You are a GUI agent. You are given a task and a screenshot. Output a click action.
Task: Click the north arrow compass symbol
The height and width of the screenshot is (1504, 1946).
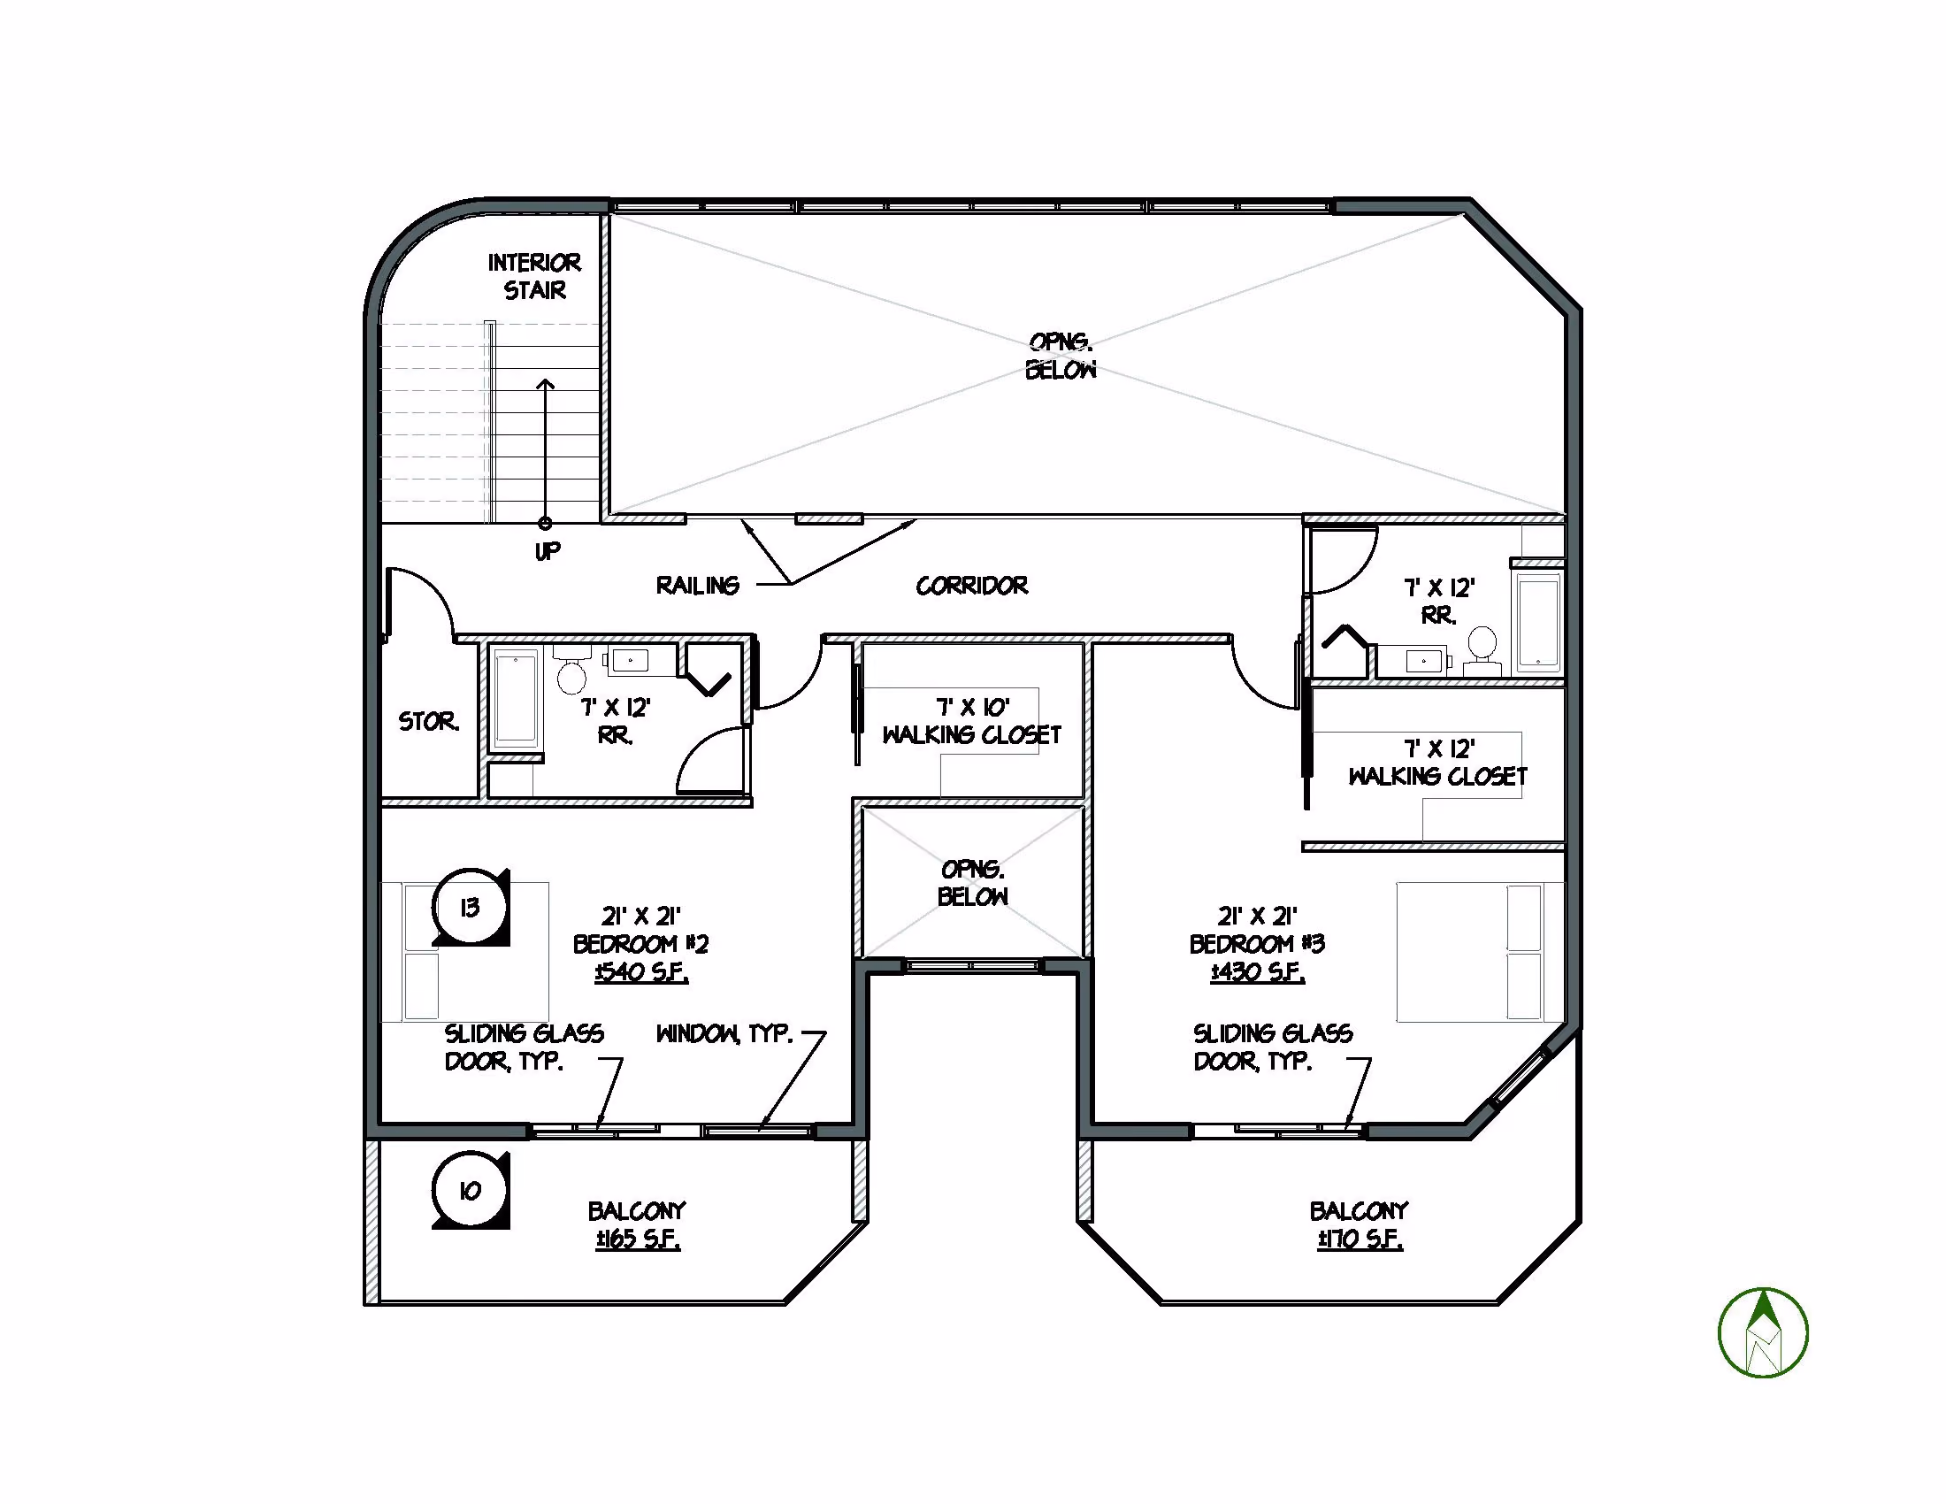(1762, 1332)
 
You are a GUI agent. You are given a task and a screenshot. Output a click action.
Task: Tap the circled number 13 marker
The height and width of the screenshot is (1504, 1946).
(471, 907)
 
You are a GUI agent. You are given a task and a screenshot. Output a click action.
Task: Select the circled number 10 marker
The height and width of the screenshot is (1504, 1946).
(471, 1190)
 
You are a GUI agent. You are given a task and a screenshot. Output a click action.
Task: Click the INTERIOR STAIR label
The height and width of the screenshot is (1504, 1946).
(534, 276)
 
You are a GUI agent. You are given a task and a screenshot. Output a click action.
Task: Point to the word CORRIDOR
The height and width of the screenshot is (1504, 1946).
(972, 586)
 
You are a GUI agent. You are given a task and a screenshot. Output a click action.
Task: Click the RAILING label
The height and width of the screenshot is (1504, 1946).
(698, 586)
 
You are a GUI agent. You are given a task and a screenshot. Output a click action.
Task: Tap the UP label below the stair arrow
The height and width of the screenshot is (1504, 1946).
(547, 551)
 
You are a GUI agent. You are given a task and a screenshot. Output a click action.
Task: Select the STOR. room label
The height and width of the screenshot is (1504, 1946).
(429, 721)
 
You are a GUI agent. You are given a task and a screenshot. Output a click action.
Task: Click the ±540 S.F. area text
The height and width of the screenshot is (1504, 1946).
(641, 972)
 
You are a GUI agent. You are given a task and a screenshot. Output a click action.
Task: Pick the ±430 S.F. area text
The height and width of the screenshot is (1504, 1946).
(1257, 972)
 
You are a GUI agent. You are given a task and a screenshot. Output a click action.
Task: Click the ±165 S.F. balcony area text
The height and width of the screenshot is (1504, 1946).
(638, 1239)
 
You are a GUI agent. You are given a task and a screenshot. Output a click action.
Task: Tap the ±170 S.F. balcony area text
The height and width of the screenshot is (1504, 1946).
(1360, 1239)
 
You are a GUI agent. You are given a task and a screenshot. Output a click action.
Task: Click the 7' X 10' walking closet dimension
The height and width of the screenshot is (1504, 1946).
(973, 708)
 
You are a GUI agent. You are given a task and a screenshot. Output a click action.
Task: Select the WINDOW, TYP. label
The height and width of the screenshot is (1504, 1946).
(724, 1033)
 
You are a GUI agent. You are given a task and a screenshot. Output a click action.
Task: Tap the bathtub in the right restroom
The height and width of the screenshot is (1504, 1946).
(1538, 620)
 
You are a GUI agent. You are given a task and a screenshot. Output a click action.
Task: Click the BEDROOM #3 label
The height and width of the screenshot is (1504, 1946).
(1257, 944)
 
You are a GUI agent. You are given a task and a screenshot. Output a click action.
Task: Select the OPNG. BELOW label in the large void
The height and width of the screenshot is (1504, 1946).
(1061, 356)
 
